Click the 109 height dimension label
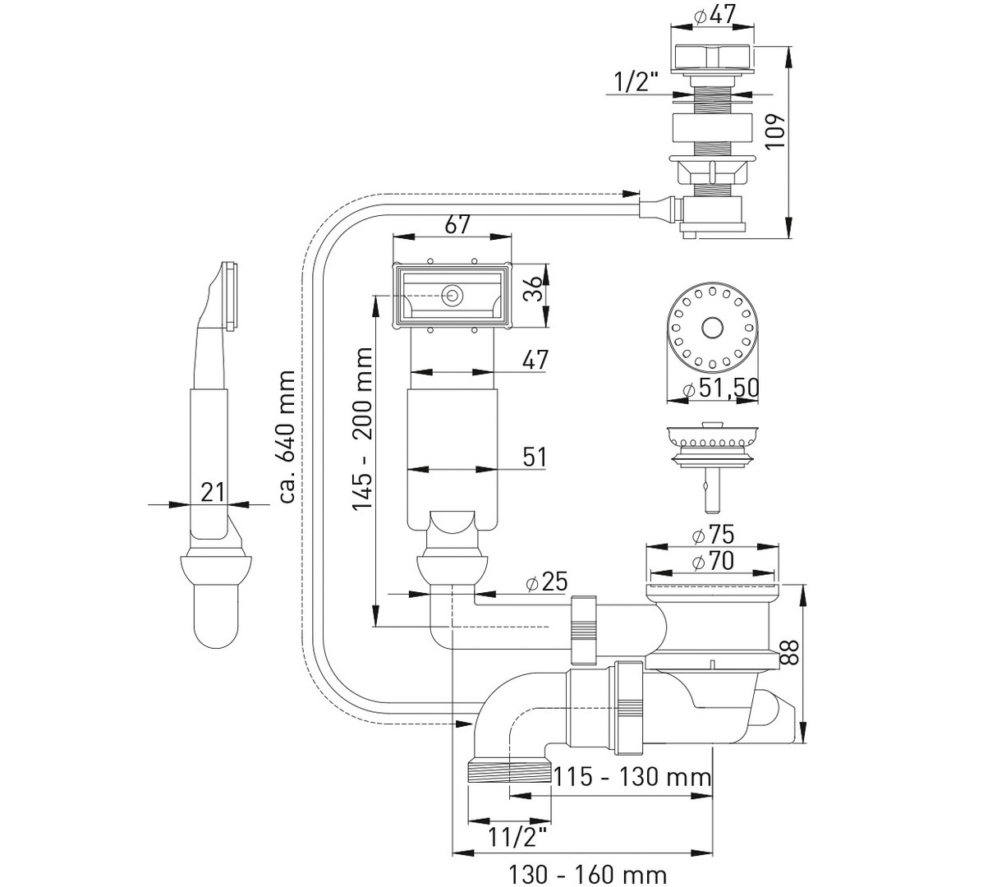(774, 131)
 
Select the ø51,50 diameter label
(721, 388)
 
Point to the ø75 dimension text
(712, 534)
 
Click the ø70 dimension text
(712, 560)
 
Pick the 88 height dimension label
(789, 653)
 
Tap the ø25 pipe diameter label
(546, 581)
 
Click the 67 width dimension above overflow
(457, 224)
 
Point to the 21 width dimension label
(213, 492)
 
